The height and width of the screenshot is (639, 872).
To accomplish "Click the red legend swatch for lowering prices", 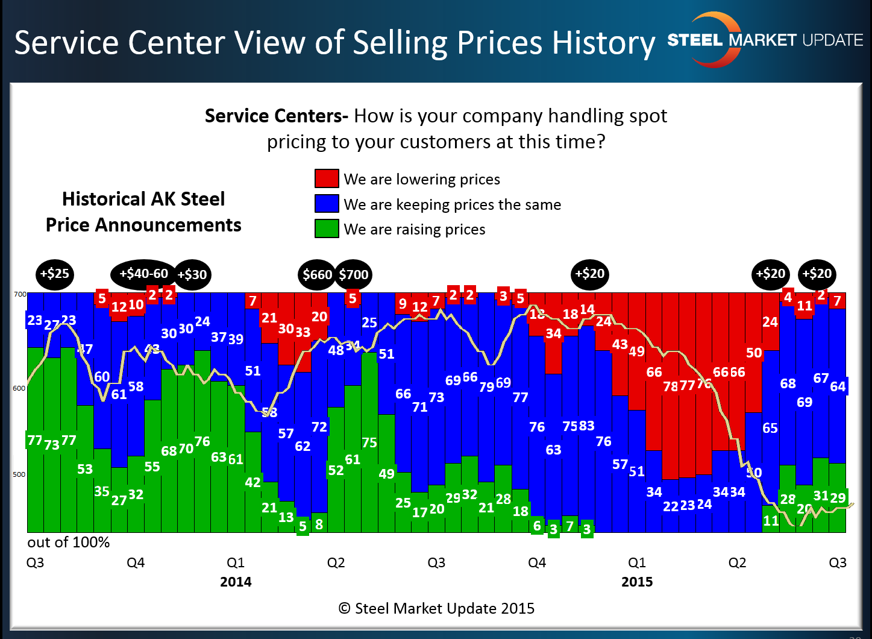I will pos(327,179).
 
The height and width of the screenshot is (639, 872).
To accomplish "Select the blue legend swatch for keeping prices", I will pos(327,204).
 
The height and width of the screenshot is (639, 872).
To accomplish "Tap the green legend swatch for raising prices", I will pos(327,229).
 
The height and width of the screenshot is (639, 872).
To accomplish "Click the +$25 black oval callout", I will pos(54,274).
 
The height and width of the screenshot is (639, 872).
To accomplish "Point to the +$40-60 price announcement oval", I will pos(143,274).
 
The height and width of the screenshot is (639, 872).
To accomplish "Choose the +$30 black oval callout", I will pos(192,275).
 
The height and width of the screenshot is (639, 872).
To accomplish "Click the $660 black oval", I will pos(317,275).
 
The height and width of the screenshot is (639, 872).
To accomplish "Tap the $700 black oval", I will pos(354,275).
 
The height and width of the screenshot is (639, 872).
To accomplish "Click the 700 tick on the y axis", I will pos(20,294).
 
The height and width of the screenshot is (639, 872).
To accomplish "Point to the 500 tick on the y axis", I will pos(20,474).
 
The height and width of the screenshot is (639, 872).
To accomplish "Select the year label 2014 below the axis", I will pos(236,582).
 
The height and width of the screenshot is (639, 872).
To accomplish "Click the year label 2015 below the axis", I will pos(637,582).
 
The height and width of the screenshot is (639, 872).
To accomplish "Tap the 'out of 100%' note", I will pos(69,543).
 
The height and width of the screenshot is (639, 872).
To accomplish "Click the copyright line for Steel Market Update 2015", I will pos(436,608).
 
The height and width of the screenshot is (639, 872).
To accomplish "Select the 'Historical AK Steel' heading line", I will pos(143,199).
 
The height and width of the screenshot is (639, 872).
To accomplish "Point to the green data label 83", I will pos(586,426).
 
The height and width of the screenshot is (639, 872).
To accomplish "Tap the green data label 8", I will pos(319,524).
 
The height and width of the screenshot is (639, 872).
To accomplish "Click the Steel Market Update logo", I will pos(765,40).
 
